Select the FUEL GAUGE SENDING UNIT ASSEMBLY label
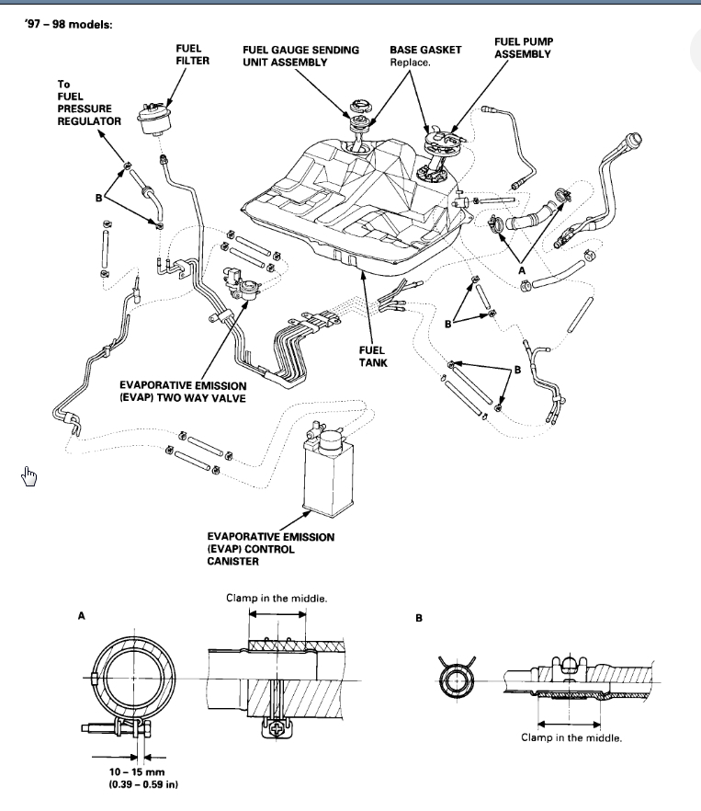(x=300, y=54)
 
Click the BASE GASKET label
(x=425, y=48)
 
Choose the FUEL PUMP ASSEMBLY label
(x=523, y=48)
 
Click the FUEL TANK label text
(x=373, y=356)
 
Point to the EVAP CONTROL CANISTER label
(x=271, y=549)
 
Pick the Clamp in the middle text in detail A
(x=277, y=599)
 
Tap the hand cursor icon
(x=29, y=475)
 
